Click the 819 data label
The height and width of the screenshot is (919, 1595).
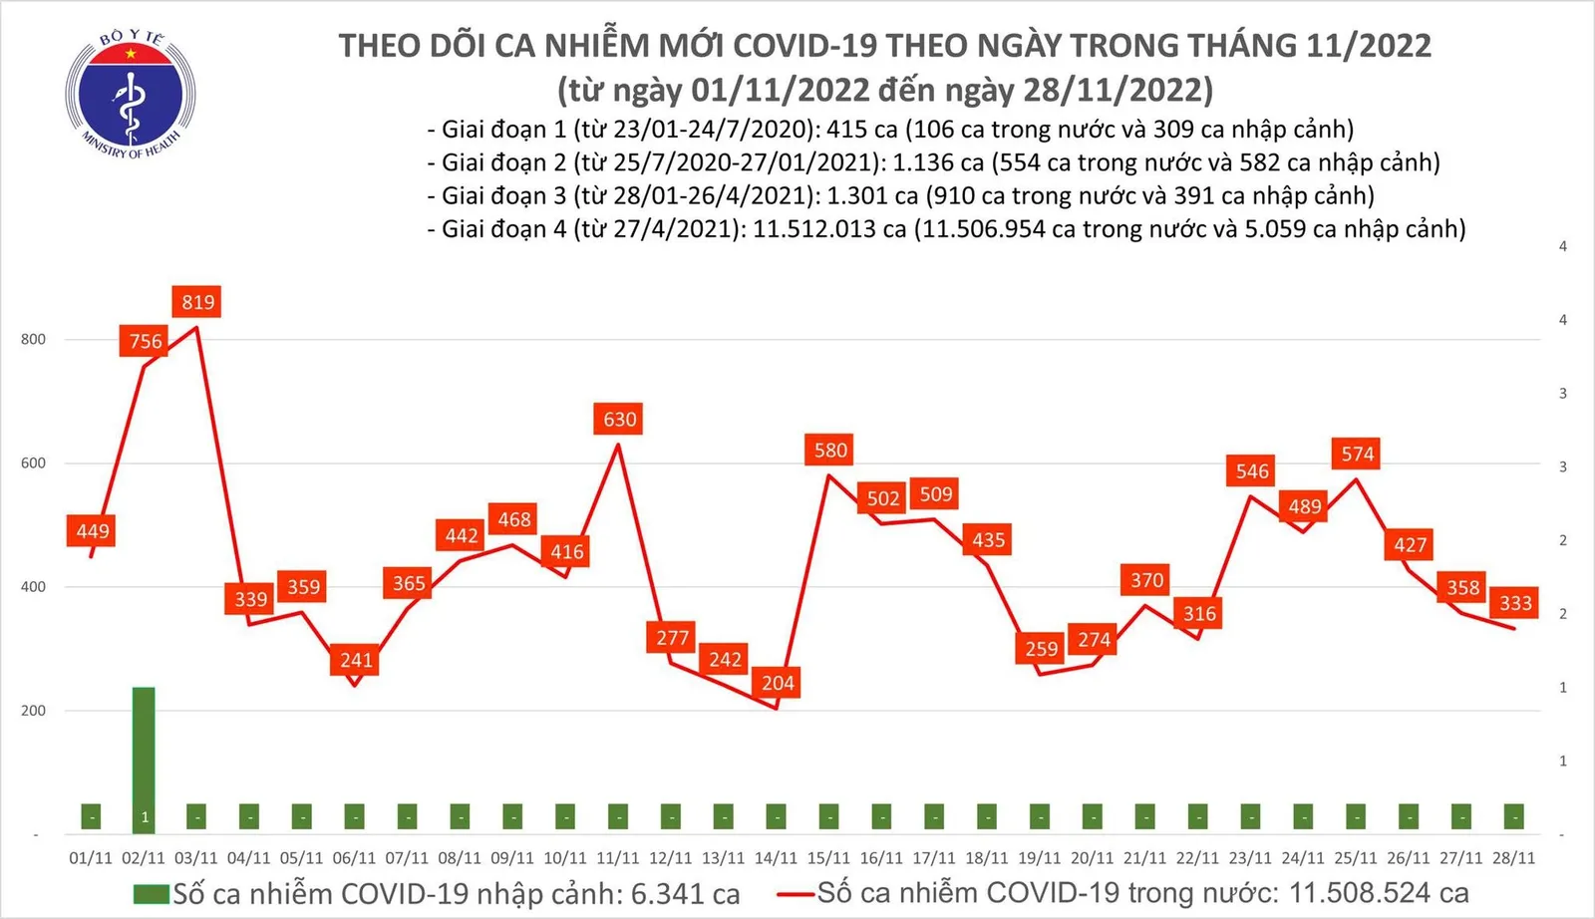tap(197, 302)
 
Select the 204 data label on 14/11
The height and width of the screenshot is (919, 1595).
tap(778, 683)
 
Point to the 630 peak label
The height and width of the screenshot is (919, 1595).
tap(619, 420)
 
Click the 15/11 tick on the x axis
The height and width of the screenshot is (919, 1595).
tap(828, 858)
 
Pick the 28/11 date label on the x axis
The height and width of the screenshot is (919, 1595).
tap(1513, 858)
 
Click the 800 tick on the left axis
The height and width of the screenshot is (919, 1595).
tap(33, 339)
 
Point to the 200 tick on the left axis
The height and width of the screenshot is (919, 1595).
tap(33, 711)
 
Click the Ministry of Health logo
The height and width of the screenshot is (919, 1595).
tap(130, 95)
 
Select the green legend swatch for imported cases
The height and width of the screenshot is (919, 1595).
tap(152, 894)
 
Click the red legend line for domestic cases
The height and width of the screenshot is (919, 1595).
tap(797, 894)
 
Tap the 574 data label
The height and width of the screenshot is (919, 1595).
tap(1357, 455)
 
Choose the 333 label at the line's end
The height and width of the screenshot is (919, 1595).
tap(1515, 603)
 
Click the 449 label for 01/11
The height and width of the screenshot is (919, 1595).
tap(93, 531)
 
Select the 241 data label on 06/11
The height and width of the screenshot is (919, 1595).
tap(356, 660)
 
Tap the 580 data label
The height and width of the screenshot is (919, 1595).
tap(830, 451)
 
